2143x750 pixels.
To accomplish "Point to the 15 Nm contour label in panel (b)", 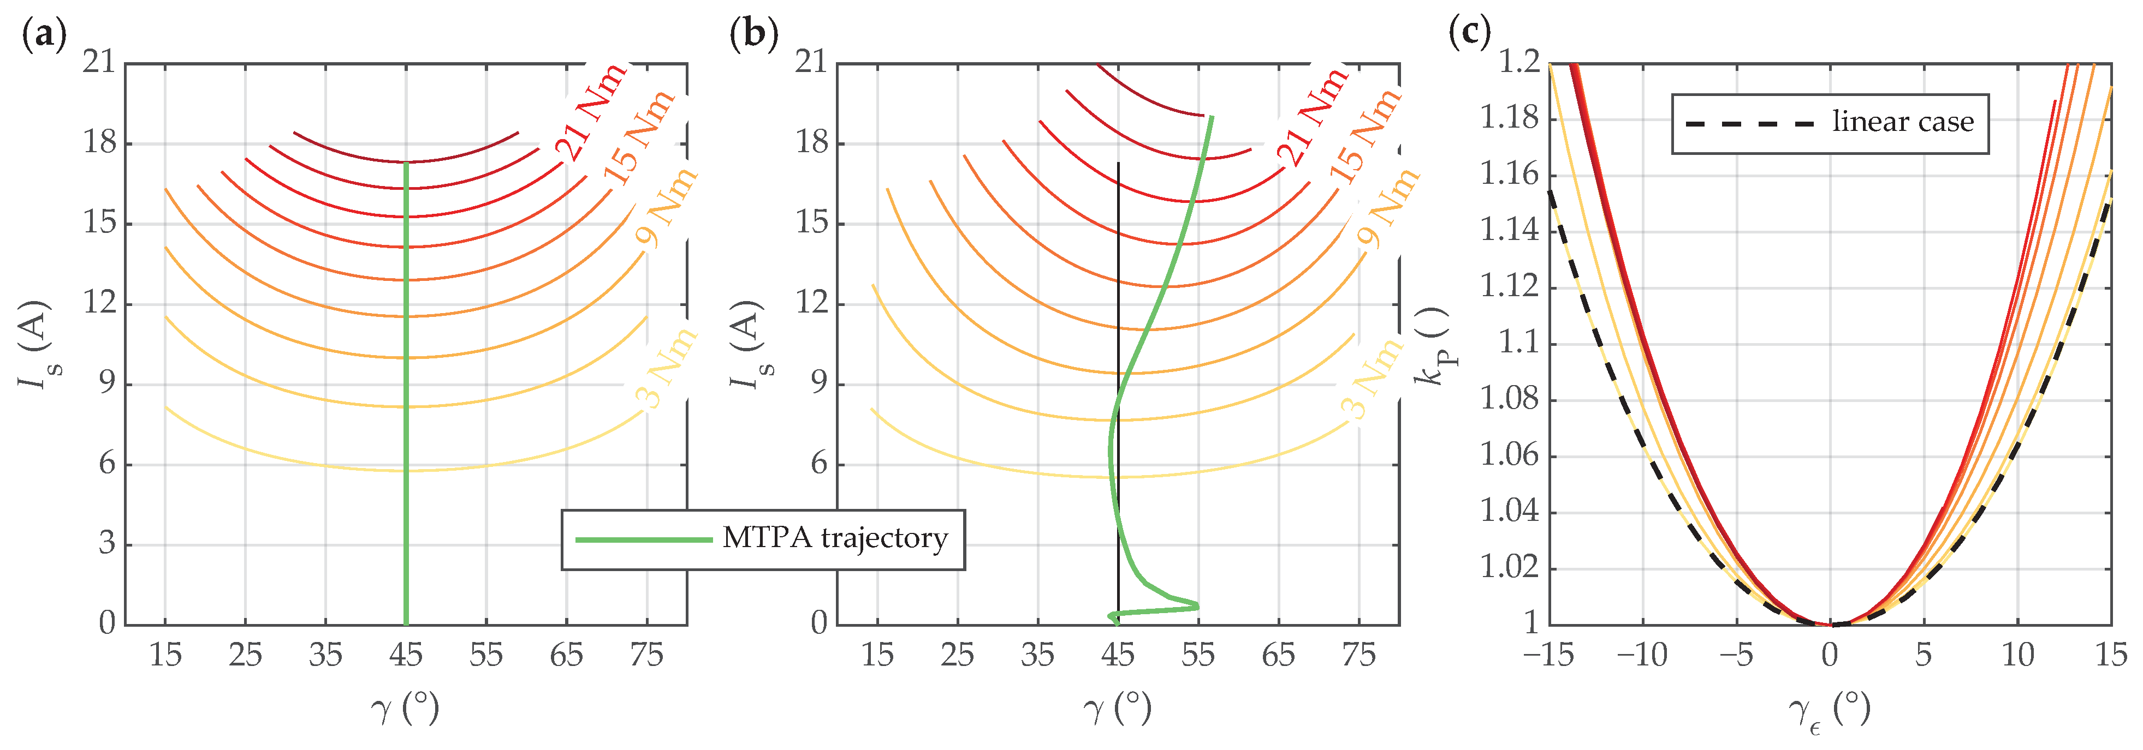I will click(x=1364, y=137).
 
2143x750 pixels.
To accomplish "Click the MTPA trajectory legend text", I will click(x=834, y=539).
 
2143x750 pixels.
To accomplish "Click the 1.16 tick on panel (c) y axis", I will click(x=1508, y=175).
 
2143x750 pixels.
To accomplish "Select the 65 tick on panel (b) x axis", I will click(x=1278, y=655).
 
